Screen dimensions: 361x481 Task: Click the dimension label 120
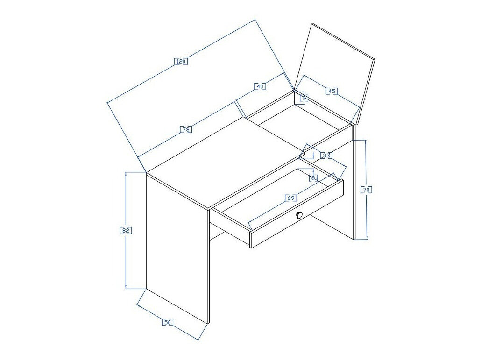181,61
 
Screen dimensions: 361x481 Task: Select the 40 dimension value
260,86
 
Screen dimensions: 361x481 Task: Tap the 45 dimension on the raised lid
331,91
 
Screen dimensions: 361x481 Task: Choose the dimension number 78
186,129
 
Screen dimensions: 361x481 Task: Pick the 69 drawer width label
290,198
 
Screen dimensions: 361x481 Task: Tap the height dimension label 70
367,190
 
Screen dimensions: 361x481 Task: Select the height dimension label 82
126,230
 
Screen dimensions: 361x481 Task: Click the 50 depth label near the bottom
168,322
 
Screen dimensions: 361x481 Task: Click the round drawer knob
299,215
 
